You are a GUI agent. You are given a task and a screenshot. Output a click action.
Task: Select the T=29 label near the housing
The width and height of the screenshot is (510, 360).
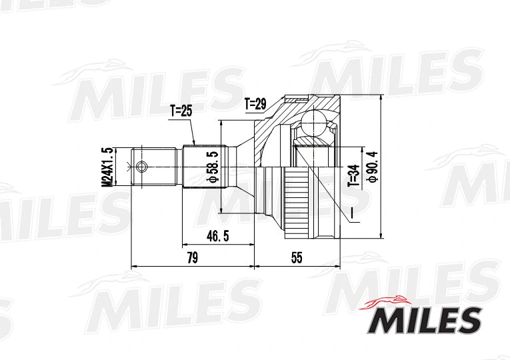click(255, 103)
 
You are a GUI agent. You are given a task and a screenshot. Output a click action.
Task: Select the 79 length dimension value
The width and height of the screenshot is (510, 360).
click(192, 259)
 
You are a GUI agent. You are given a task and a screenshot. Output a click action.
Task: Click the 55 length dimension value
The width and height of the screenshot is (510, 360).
click(297, 259)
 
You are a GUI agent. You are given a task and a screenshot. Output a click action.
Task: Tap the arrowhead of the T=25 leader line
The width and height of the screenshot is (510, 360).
click(195, 145)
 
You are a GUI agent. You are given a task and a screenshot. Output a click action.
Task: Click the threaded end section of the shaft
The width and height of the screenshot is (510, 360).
click(157, 167)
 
